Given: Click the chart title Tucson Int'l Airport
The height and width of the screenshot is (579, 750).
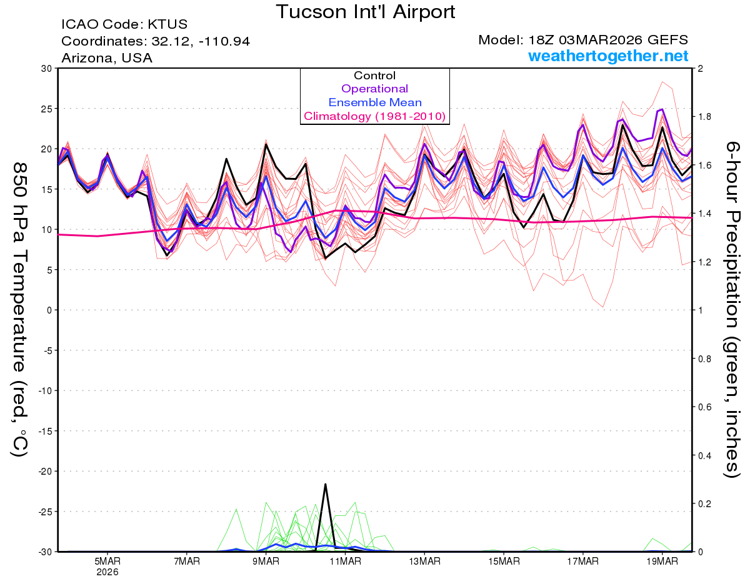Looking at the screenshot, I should point(366,12).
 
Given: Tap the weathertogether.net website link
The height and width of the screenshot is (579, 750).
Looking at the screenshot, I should point(608,56).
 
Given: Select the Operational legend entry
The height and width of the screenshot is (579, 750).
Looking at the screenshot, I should point(374,89).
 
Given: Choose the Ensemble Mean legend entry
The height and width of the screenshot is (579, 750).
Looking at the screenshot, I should point(374,102).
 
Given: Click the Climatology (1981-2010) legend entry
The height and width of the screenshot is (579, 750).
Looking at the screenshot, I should point(374,116).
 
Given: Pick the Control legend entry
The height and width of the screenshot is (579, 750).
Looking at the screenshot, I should point(374,76).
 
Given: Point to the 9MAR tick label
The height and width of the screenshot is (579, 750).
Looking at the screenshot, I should point(266,561).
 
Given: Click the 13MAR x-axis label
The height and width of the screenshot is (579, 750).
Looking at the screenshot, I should point(424,561).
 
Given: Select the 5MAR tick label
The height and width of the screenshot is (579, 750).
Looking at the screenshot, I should point(107,561).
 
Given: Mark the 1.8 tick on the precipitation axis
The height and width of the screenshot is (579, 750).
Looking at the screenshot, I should point(703,117).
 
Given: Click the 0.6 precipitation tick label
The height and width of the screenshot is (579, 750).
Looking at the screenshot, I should point(703,407).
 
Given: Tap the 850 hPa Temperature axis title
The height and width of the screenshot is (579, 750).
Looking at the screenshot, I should point(20,309).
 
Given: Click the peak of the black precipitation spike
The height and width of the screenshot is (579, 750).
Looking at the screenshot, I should point(326,484).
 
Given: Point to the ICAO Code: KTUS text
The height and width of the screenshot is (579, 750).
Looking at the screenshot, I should point(124,25).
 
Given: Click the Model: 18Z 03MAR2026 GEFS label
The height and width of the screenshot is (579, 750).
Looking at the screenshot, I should point(583,40).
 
